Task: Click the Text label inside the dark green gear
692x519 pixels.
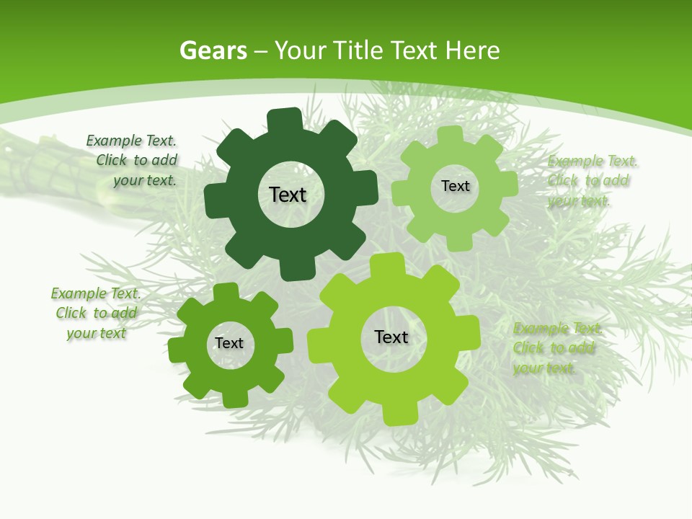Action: [288, 195]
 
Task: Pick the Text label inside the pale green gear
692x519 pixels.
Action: [455, 186]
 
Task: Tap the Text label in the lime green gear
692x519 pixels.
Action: [391, 337]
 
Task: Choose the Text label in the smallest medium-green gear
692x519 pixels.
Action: [229, 343]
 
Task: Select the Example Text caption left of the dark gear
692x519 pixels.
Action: [132, 161]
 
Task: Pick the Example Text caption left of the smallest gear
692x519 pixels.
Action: [96, 313]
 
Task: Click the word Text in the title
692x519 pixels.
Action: [414, 51]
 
